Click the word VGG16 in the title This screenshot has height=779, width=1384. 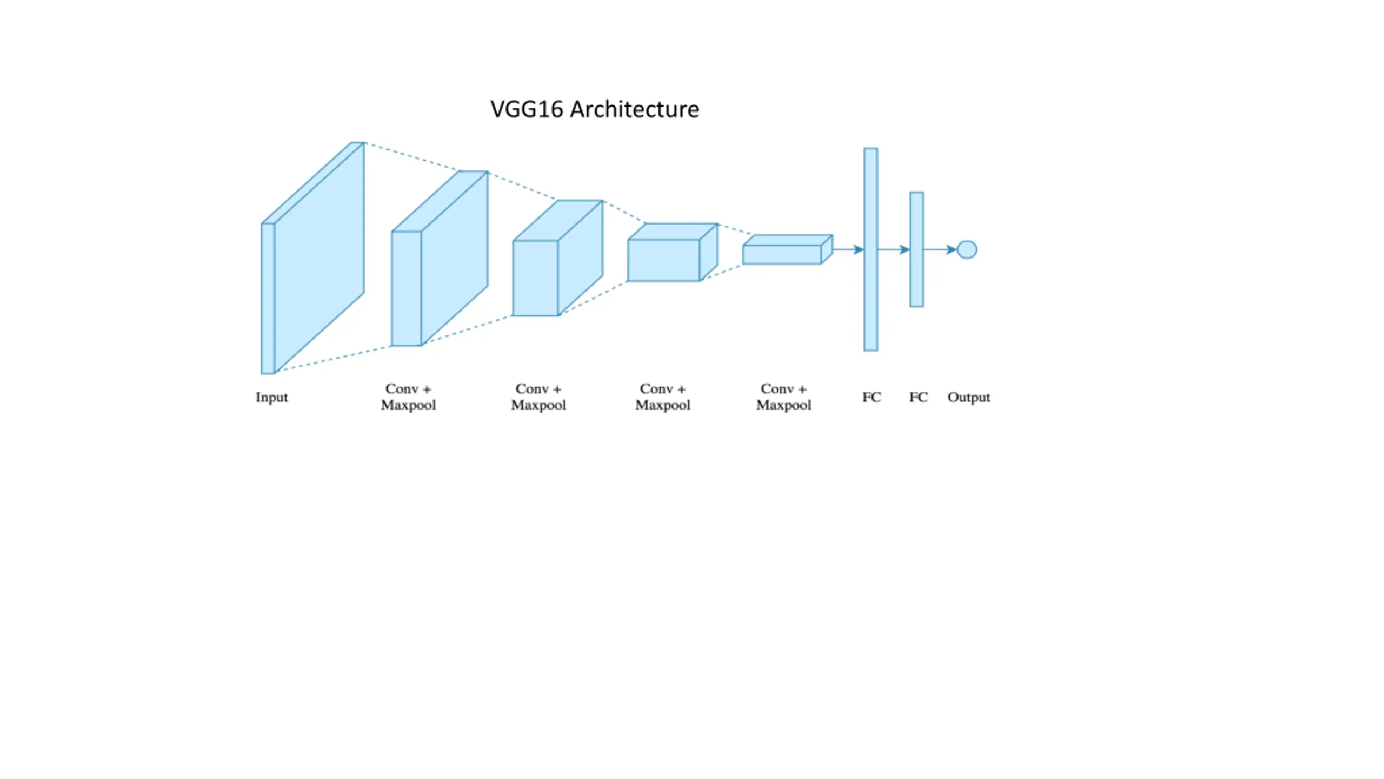click(527, 110)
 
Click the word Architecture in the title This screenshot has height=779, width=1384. click(635, 110)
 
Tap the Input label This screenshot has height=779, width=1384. click(271, 398)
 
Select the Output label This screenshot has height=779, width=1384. click(968, 398)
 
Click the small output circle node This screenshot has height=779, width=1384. click(967, 250)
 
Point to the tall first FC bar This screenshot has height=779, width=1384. click(870, 249)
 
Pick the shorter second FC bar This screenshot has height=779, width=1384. click(916, 249)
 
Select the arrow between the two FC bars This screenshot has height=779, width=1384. click(894, 250)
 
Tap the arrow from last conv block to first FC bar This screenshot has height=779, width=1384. click(848, 250)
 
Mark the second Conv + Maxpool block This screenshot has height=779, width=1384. click(557, 260)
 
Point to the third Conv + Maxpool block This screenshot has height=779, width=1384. click(670, 254)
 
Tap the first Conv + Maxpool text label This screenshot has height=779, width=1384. click(408, 397)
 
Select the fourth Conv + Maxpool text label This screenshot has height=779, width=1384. click(783, 397)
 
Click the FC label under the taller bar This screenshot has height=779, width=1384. click(871, 398)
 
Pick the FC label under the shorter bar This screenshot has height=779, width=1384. click(918, 398)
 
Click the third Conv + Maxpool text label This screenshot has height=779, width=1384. click(663, 397)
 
